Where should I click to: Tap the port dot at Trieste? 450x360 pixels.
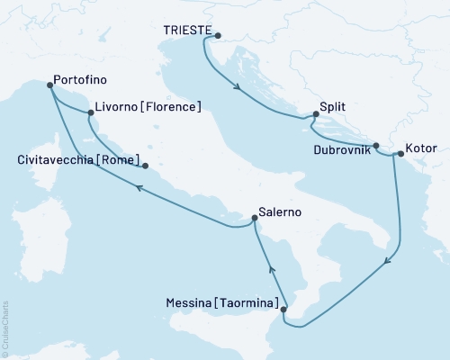pos(217,35)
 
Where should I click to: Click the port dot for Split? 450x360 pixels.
pos(316,115)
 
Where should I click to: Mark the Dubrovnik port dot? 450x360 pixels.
pos(376,146)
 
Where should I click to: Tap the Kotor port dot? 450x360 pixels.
pos(400,154)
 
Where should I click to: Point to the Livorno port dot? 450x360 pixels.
pos(91,113)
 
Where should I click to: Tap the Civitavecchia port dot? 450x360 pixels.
pos(145,166)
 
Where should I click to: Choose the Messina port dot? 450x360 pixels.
pos(283,310)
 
